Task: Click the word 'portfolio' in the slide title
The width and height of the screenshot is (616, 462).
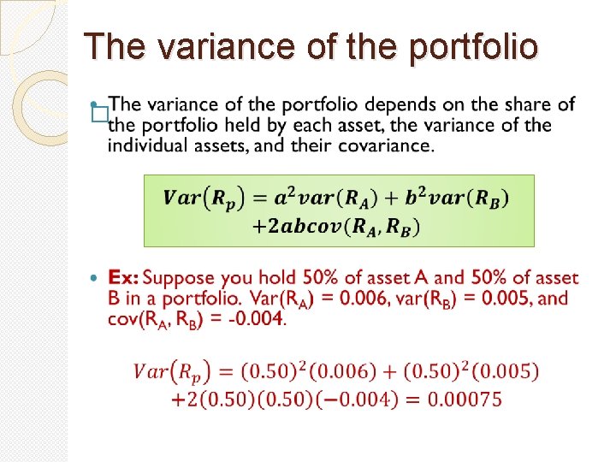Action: point(474,47)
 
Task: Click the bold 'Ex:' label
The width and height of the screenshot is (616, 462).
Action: point(123,278)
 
